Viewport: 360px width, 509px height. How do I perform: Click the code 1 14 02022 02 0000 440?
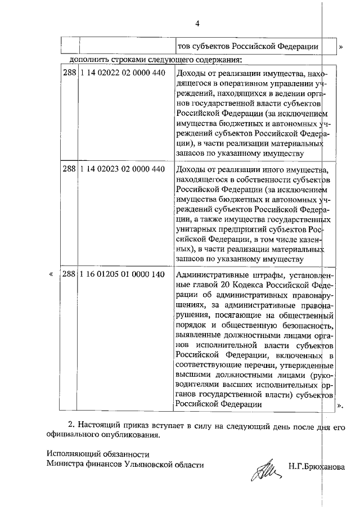(x=123, y=73)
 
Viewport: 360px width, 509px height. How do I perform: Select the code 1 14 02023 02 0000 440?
(x=123, y=169)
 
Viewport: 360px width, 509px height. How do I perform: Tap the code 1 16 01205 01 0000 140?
(x=123, y=274)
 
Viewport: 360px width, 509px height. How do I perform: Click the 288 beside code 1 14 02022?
(x=69, y=73)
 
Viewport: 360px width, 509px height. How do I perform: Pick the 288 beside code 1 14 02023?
(x=69, y=169)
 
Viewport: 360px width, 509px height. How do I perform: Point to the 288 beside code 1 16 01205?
(x=69, y=274)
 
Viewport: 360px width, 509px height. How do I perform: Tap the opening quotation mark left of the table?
(x=52, y=274)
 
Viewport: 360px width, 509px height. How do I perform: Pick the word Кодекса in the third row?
(x=262, y=285)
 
